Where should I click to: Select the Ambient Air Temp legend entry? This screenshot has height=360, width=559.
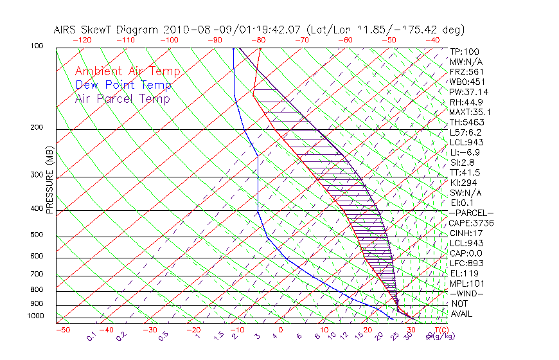127,71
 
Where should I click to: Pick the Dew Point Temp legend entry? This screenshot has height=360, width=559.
123,85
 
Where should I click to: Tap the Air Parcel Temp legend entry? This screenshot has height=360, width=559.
122,98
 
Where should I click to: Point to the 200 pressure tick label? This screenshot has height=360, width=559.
37,127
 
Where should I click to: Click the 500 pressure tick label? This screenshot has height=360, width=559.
37,235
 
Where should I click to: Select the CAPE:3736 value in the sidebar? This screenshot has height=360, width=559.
471,223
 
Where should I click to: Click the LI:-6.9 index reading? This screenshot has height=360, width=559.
465,152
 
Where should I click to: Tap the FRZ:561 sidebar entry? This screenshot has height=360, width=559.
466,71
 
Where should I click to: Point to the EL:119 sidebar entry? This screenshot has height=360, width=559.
463,273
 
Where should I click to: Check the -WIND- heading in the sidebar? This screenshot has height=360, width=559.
467,293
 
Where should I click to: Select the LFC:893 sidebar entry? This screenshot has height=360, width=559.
466,263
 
